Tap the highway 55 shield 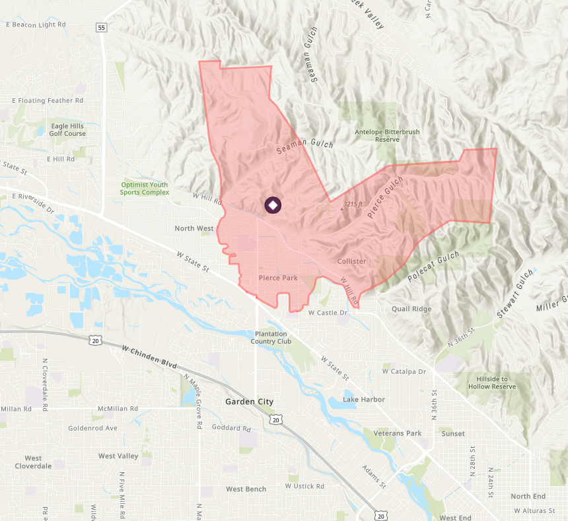point(101,27)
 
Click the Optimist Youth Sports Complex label point(144,189)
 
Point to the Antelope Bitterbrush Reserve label point(387,135)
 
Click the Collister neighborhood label point(351,262)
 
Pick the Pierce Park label point(278,278)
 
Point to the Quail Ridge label point(411,309)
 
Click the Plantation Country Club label point(271,337)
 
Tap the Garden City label point(249,402)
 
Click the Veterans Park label point(397,433)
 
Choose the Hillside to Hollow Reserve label point(491,383)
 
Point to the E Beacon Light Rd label point(36,24)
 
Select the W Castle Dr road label point(328,313)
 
